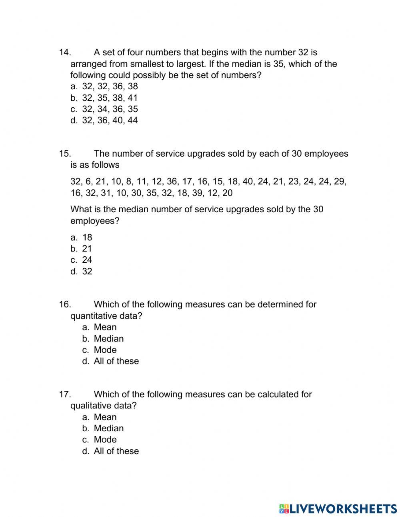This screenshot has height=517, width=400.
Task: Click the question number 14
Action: coord(65,52)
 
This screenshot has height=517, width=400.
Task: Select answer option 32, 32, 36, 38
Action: coord(110,87)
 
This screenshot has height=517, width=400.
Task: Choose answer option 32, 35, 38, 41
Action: coord(110,98)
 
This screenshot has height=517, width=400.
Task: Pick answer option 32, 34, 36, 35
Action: coord(110,109)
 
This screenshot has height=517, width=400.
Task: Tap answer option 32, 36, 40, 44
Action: coord(110,120)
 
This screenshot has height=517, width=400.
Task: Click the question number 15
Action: coord(65,154)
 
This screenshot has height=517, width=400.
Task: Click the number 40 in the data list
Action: coord(248,181)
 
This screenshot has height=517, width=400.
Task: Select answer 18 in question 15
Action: coord(87,237)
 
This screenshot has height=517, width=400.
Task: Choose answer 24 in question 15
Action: coord(87,260)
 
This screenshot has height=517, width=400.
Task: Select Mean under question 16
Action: coord(105,327)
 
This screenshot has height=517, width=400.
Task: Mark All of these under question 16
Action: coord(116,361)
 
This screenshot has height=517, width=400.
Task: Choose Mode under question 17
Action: coord(105,440)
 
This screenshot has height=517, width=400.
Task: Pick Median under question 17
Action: coord(108,428)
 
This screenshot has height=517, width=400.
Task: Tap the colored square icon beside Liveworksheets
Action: coord(284,509)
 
